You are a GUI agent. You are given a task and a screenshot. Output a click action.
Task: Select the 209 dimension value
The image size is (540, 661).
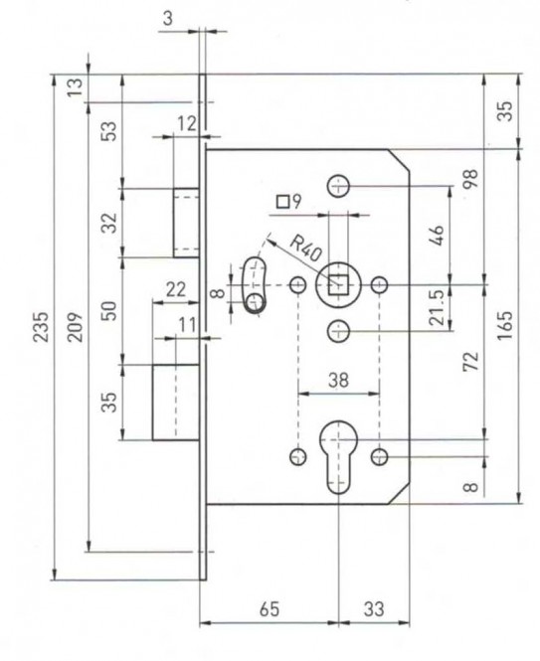(x=75, y=326)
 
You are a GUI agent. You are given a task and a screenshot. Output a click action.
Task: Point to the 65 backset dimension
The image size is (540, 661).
(x=270, y=609)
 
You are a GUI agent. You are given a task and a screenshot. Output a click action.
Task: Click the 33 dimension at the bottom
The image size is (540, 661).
(x=374, y=609)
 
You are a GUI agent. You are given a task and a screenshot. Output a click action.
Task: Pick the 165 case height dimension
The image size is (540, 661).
(x=505, y=326)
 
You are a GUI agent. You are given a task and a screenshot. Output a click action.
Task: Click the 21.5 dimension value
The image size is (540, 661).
(x=438, y=307)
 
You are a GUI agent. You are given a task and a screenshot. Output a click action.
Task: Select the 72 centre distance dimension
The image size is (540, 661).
(x=471, y=361)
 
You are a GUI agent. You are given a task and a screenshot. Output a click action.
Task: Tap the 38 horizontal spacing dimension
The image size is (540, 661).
(x=338, y=380)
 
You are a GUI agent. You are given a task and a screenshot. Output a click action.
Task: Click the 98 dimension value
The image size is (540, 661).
(x=471, y=178)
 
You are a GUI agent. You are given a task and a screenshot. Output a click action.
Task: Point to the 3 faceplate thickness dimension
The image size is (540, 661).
(x=168, y=19)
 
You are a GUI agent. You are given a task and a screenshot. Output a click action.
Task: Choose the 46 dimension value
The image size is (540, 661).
(x=438, y=236)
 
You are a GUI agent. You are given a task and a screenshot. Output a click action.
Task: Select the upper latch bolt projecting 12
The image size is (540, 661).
(x=186, y=223)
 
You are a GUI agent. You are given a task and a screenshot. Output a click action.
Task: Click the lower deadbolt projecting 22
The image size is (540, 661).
(x=176, y=403)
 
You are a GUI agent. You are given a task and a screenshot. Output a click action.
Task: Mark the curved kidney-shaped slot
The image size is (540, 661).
(x=254, y=285)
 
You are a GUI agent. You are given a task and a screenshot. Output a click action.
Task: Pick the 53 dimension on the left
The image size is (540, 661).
(x=108, y=131)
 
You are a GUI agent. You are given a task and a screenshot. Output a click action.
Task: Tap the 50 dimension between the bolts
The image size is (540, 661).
(x=108, y=311)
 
